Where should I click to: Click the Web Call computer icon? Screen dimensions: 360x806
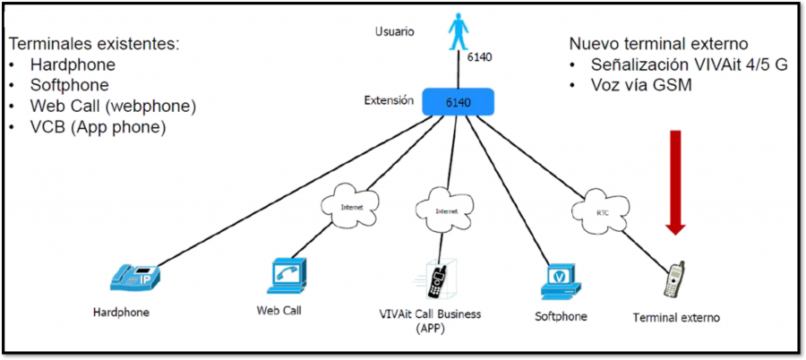pyautogui.click(x=287, y=277)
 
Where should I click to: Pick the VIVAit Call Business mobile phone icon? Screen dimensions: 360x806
pyautogui.click(x=438, y=279)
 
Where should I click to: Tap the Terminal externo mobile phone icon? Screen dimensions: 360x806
pyautogui.click(x=673, y=279)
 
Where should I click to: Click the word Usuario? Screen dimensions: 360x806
pyautogui.click(x=394, y=32)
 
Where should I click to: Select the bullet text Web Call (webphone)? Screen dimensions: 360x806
pyautogui.click(x=113, y=106)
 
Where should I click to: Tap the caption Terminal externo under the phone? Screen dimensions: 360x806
pyautogui.click(x=675, y=317)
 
